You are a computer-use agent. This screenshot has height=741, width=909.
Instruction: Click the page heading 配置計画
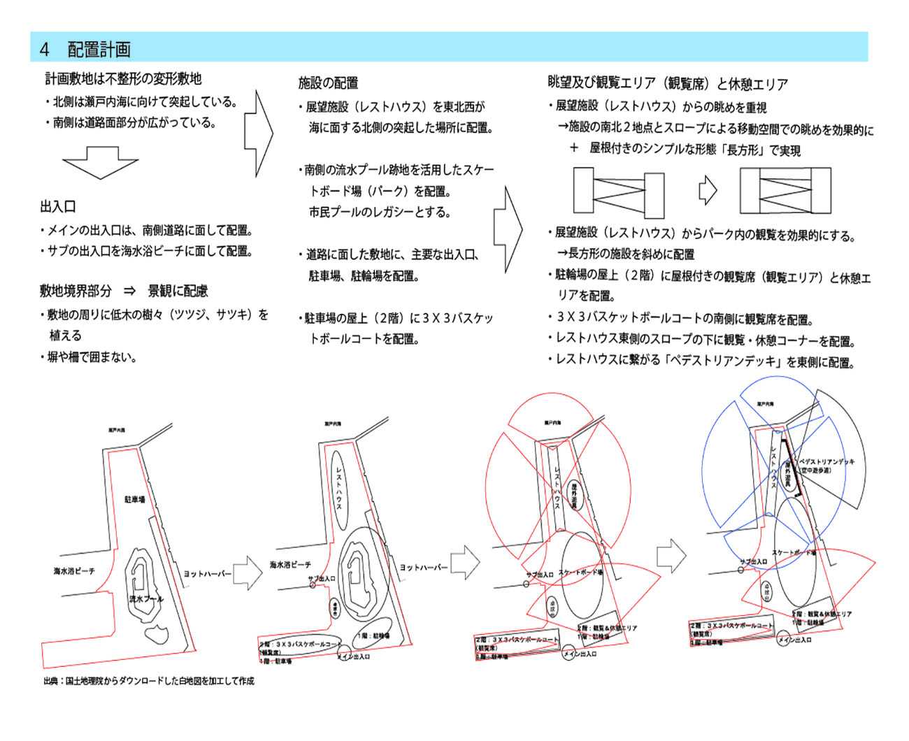(99, 49)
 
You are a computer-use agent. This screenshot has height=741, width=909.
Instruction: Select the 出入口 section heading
(58, 207)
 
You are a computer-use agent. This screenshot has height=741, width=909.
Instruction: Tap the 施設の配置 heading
(328, 83)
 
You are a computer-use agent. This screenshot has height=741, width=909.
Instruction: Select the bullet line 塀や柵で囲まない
(91, 357)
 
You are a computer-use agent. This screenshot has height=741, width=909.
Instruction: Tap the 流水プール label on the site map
(146, 599)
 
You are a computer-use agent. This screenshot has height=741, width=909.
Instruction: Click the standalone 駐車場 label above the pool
(134, 500)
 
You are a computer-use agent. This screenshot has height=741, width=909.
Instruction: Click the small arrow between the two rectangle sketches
(708, 189)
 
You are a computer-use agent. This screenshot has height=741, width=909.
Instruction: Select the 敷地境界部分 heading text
(76, 291)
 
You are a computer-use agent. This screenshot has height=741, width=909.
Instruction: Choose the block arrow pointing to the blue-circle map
(671, 555)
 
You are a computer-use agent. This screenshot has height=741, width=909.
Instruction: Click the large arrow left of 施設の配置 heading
(258, 132)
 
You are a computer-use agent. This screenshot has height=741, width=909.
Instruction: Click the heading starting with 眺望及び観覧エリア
(667, 84)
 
